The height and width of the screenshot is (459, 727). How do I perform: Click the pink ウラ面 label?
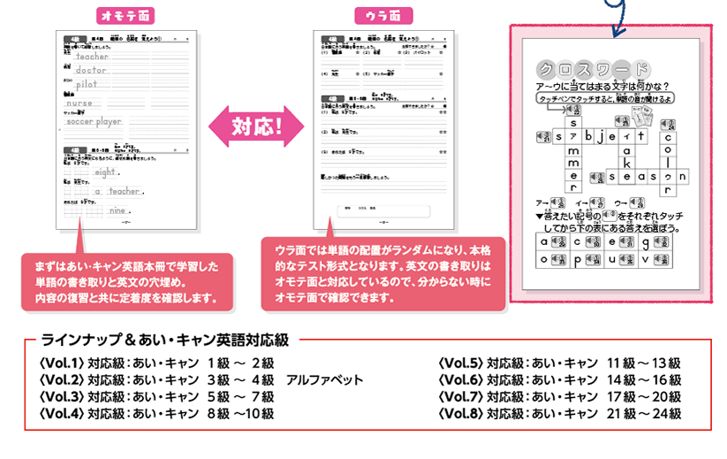click(x=382, y=16)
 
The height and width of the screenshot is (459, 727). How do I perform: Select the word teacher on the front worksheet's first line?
click(x=92, y=56)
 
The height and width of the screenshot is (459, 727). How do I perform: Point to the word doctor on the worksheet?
click(x=91, y=70)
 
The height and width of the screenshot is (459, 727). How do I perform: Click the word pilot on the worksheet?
click(x=87, y=84)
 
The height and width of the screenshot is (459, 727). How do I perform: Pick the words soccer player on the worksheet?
click(x=95, y=121)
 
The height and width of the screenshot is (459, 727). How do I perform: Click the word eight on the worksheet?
click(x=105, y=172)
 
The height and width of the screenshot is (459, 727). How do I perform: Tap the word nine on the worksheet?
click(x=117, y=210)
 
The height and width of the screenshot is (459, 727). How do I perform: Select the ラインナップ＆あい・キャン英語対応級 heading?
click(x=166, y=339)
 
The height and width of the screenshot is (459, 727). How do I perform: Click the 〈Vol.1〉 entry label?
click(x=61, y=363)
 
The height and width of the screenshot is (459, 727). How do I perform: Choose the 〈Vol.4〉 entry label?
click(x=61, y=413)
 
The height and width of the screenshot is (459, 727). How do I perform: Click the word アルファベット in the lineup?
click(x=324, y=379)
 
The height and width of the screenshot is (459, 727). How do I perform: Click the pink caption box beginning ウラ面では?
click(x=382, y=273)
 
